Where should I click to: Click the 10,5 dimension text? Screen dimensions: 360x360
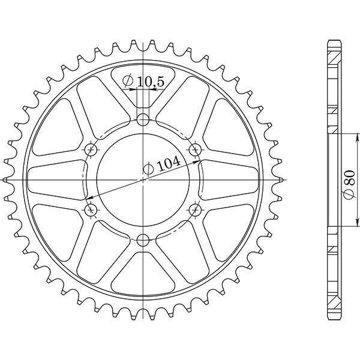click(x=151, y=82)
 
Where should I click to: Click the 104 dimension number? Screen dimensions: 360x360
click(x=169, y=164)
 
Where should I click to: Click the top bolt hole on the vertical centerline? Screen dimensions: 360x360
click(x=143, y=119)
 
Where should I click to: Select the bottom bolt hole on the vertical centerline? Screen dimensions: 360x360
click(x=143, y=241)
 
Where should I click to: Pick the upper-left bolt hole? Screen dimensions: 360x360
click(x=91, y=150)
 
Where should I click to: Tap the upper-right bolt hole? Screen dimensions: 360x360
click(x=196, y=150)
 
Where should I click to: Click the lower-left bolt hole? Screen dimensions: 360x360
click(x=91, y=209)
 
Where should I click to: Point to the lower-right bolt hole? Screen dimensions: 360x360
click(x=196, y=209)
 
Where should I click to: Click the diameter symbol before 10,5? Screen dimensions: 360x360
click(x=128, y=81)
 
